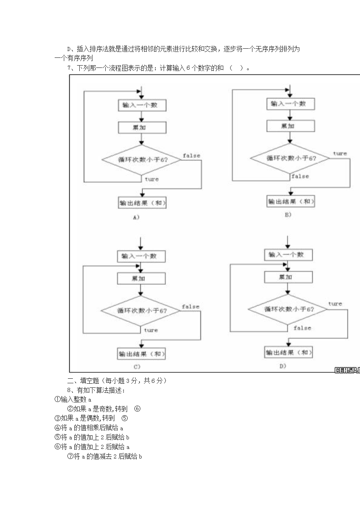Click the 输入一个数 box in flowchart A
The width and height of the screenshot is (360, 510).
tap(142, 105)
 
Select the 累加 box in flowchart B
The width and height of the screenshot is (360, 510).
tap(290, 126)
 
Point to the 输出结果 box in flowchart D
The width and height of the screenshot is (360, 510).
tap(288, 352)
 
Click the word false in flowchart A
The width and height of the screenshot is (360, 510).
tap(191, 156)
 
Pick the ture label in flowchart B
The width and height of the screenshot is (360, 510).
tap(339, 154)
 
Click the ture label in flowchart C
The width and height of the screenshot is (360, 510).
tap(151, 330)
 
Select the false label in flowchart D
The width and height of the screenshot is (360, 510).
tap(302, 328)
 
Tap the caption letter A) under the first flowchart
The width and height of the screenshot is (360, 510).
tap(136, 217)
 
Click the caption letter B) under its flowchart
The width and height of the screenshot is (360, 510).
tap(288, 214)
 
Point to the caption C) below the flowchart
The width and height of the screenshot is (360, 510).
tap(137, 366)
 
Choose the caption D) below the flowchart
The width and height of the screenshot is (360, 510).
tap(283, 366)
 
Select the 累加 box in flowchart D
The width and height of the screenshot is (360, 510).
tap(288, 277)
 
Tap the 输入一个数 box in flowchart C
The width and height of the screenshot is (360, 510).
tap(141, 256)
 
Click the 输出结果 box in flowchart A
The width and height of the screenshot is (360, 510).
tap(142, 203)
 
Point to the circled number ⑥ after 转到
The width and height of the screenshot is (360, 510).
tap(137, 408)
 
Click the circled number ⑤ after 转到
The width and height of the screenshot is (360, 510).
tap(124, 418)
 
